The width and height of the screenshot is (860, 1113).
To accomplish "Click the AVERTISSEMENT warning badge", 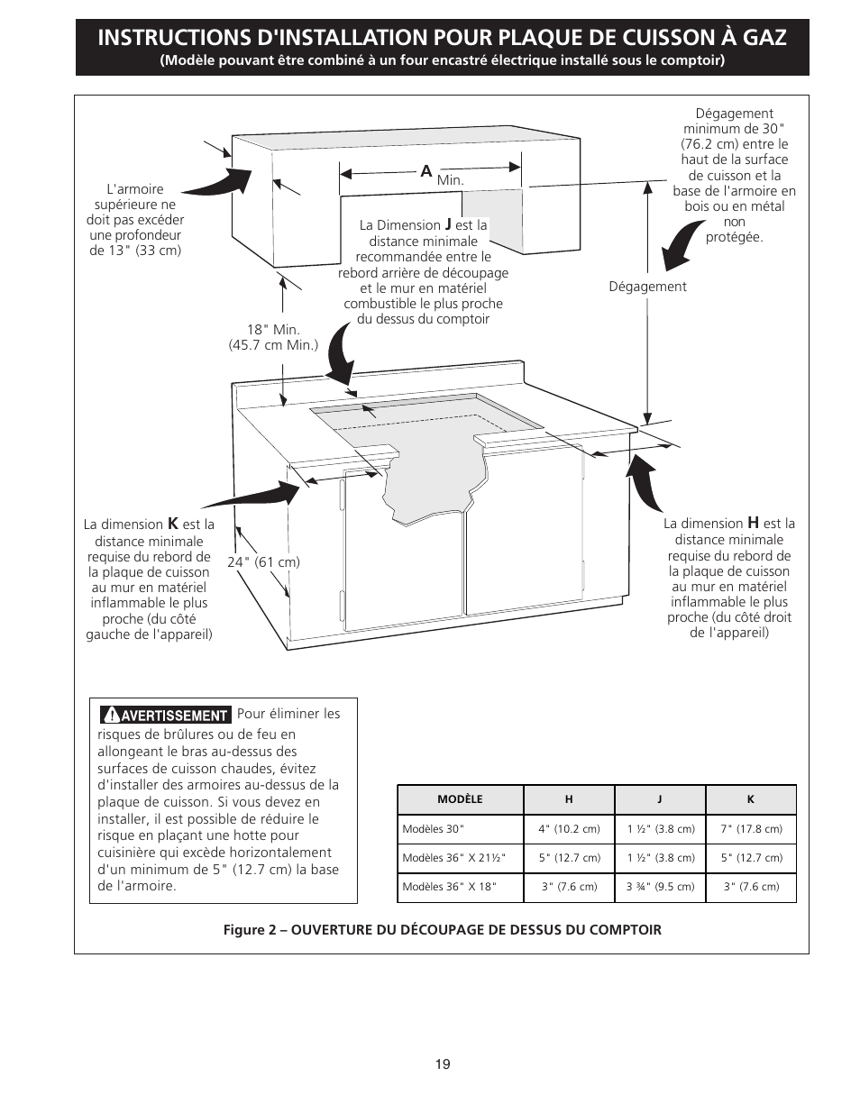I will [165, 715].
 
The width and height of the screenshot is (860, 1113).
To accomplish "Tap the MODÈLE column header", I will [460, 799].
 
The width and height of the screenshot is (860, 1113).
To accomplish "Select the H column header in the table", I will [569, 799].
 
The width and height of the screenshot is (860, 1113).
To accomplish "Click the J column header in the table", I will [660, 799].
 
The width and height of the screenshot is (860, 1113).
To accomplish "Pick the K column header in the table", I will [751, 799].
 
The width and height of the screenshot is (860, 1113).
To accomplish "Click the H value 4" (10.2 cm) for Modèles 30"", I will [569, 829].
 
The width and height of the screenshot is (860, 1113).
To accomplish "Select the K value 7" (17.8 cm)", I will [751, 829].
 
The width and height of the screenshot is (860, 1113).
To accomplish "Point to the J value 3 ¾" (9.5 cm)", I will [660, 887].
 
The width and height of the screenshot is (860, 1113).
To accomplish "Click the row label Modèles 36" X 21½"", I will [460, 858].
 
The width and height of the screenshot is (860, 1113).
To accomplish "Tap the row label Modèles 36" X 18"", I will [449, 887].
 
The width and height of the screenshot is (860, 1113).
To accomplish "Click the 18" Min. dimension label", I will [273, 330].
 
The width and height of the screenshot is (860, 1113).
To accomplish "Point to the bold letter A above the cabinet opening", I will [426, 171].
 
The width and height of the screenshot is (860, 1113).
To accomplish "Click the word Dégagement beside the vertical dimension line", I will [647, 287].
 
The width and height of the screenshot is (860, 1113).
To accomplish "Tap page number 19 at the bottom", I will [442, 1064].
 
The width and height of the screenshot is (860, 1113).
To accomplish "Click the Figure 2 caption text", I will [442, 929].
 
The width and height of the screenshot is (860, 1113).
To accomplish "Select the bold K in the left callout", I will [173, 524].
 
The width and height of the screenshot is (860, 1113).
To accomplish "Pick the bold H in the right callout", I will [753, 523].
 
